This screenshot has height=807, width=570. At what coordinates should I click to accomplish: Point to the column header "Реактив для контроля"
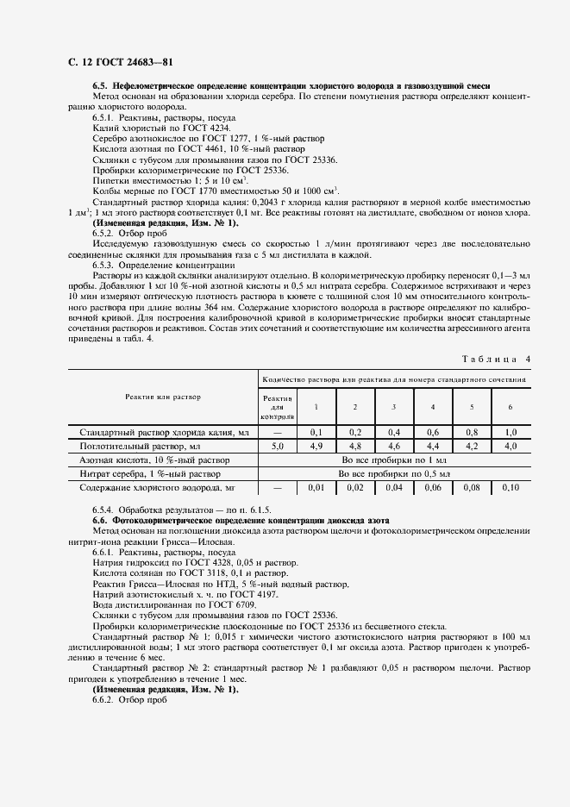click(x=278, y=406)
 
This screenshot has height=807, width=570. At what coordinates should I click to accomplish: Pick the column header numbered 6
click(x=510, y=406)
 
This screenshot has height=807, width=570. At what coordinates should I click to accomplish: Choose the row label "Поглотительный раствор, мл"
click(x=140, y=447)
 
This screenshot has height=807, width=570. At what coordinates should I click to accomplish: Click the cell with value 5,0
click(x=278, y=447)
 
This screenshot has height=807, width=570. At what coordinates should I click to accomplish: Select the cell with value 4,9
click(x=316, y=447)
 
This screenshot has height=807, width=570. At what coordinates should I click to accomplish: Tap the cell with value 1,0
click(x=510, y=432)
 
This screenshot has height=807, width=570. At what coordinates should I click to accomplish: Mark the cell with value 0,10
click(x=510, y=488)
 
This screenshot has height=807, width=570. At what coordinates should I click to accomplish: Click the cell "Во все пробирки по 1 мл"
click(x=394, y=460)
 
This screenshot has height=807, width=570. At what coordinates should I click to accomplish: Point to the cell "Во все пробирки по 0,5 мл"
click(x=394, y=474)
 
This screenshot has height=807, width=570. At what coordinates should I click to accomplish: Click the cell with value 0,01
click(x=316, y=488)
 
